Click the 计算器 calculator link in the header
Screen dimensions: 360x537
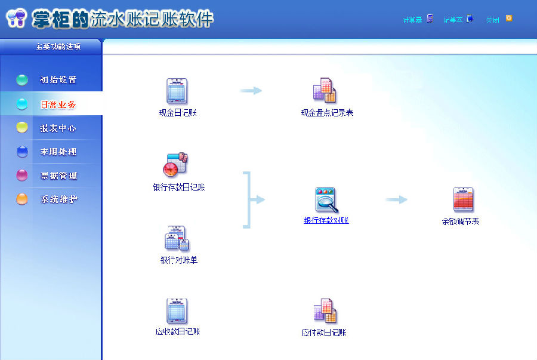point(412,20)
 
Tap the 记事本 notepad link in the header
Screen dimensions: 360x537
point(453,20)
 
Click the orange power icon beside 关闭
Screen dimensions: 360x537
point(509,19)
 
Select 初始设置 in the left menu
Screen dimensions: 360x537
point(58,80)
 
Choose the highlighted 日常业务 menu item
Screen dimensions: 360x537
point(58,104)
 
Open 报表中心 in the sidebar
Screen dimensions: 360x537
point(58,128)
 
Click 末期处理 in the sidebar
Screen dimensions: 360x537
point(58,152)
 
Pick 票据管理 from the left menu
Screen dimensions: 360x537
point(58,176)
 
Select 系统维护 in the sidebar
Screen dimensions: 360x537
point(58,199)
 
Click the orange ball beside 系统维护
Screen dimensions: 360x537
point(22,199)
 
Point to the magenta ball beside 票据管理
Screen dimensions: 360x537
point(22,176)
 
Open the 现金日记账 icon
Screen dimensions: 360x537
point(177,91)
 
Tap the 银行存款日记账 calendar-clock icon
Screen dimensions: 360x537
point(176,165)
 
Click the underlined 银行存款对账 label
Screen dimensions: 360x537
point(326,220)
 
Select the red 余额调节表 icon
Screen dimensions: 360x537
point(463,200)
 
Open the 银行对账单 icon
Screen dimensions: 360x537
point(177,238)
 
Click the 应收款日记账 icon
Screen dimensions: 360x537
point(177,311)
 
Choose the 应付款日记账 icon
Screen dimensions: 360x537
point(325,311)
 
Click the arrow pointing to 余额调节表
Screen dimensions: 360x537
point(396,199)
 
